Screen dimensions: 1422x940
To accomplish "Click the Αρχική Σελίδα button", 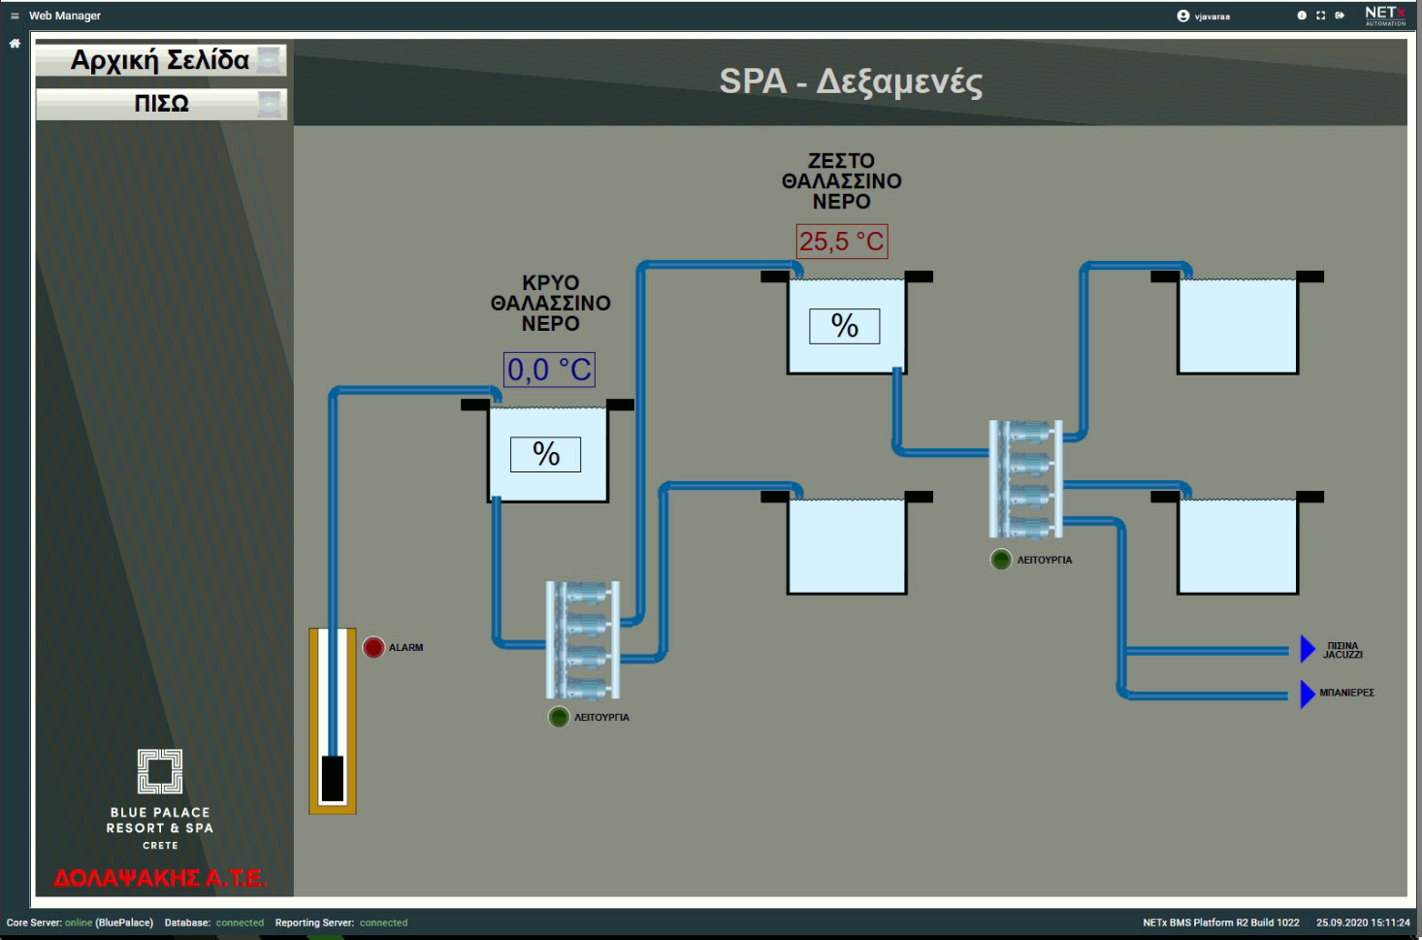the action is click(161, 60).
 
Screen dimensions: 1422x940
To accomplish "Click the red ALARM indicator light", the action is click(373, 647).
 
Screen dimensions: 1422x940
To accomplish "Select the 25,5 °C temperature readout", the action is click(842, 242).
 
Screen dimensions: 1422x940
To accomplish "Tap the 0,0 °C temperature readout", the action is click(549, 370).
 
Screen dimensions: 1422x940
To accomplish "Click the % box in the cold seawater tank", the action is click(545, 454).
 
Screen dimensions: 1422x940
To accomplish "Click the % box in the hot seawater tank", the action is click(844, 326).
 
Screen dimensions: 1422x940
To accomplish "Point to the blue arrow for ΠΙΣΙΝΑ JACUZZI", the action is click(1308, 649).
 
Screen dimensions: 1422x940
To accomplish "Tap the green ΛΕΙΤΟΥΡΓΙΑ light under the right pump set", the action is click(1001, 559).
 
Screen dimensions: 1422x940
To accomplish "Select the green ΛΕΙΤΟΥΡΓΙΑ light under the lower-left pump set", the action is click(559, 717).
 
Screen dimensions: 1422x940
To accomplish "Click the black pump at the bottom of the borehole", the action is click(333, 778).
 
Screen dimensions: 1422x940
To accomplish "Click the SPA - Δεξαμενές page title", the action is click(851, 81).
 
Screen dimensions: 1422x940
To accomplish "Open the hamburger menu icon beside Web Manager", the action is click(15, 16).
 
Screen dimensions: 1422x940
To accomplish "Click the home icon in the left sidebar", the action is click(15, 44).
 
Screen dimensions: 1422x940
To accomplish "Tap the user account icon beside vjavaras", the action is click(1182, 16).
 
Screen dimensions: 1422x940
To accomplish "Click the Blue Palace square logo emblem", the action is click(160, 771).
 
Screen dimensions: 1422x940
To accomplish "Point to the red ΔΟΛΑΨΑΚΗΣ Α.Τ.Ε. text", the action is click(160, 879).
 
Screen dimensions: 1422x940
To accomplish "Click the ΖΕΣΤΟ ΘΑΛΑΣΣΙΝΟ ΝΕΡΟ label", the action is click(841, 180).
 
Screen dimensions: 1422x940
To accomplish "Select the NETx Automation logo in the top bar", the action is click(1385, 16).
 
